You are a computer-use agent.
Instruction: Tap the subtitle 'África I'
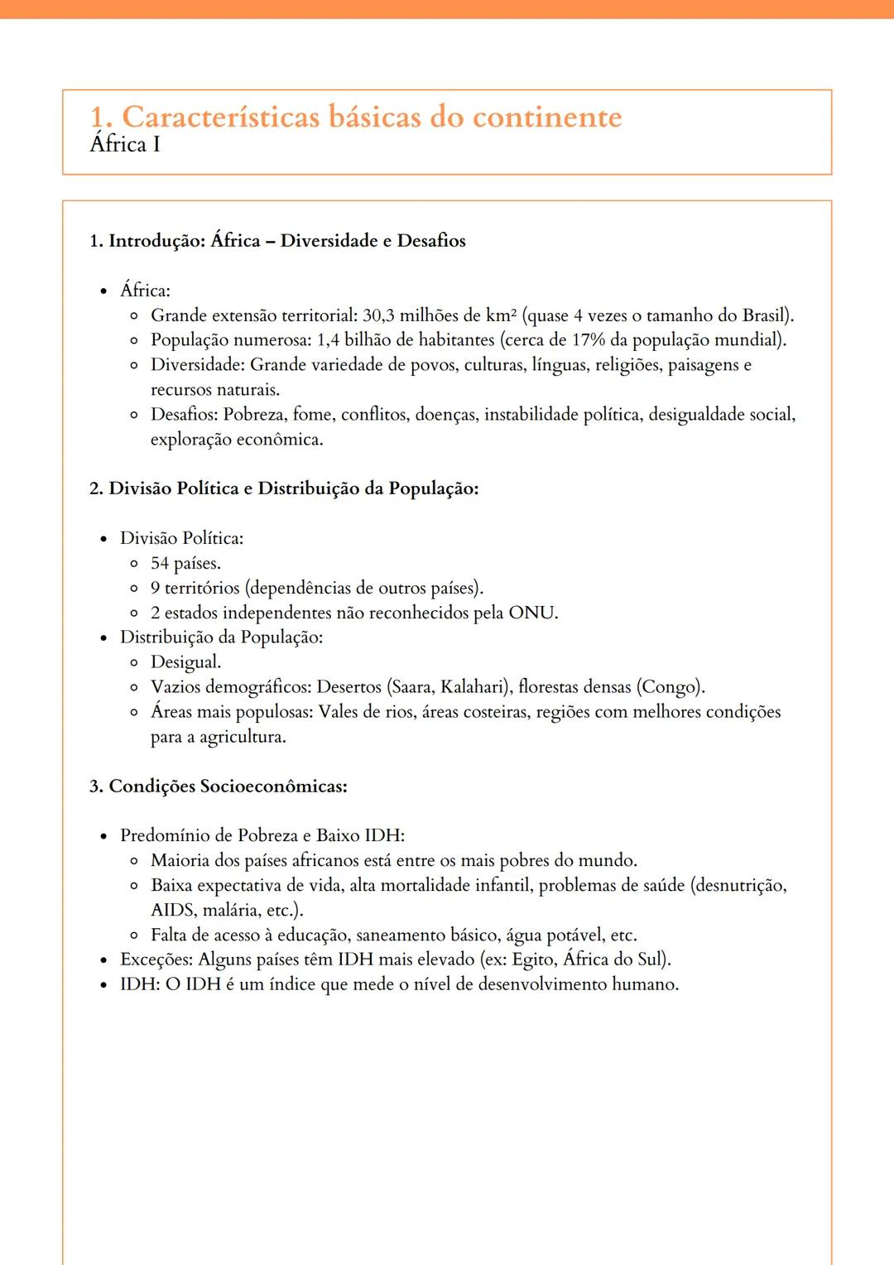pyautogui.click(x=125, y=145)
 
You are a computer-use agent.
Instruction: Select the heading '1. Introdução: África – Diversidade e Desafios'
pyautogui.click(x=277, y=241)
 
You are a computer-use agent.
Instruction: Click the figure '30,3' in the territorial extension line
pyautogui.click(x=378, y=315)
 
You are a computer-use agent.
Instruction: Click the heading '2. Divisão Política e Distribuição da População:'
pyautogui.click(x=284, y=488)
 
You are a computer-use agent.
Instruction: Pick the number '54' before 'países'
pyautogui.click(x=160, y=564)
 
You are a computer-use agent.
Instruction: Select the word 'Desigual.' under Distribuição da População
pyautogui.click(x=185, y=662)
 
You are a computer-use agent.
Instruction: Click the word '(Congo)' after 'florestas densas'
pyautogui.click(x=670, y=687)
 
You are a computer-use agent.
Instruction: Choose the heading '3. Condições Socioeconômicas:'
pyautogui.click(x=219, y=786)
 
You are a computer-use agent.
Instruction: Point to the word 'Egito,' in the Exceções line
pyautogui.click(x=535, y=960)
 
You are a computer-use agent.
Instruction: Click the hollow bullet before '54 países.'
pyautogui.click(x=134, y=565)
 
